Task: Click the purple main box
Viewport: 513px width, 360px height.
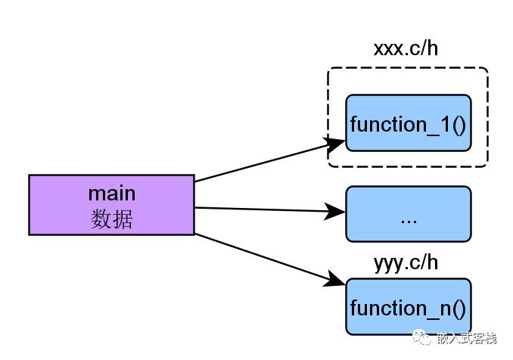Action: tap(111, 205)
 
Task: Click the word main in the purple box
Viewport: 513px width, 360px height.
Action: tap(112, 194)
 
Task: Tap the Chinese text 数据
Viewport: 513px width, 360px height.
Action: tap(111, 219)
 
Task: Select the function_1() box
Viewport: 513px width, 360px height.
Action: tap(409, 123)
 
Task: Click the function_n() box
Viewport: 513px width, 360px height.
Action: tap(409, 307)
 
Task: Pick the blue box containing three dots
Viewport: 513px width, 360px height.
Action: tap(409, 214)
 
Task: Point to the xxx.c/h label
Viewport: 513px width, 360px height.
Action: tap(406, 48)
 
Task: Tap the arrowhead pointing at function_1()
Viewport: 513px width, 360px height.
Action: tap(334, 144)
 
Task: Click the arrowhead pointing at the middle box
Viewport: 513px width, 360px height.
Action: tap(334, 211)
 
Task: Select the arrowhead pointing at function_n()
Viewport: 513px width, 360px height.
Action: tap(335, 280)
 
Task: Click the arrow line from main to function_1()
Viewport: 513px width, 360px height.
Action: tap(270, 160)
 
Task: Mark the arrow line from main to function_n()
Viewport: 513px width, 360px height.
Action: tap(270, 259)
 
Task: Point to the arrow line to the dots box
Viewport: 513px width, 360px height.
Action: tap(270, 209)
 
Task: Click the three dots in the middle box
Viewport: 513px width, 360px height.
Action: tap(409, 222)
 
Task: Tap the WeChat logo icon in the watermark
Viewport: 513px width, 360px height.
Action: tap(422, 337)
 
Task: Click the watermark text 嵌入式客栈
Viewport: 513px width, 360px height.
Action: tap(467, 338)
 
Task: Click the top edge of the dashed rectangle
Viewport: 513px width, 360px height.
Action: tap(408, 68)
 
